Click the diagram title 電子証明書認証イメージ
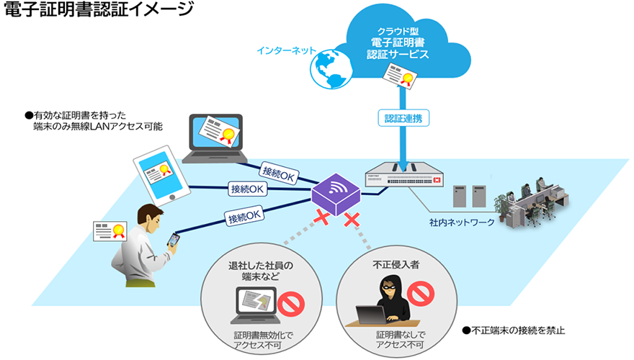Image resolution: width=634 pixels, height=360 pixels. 98,10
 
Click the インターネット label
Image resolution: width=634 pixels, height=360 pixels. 285,51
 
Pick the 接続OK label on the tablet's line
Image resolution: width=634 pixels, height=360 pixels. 247,189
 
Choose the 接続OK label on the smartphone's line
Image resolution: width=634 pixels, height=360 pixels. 244,215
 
